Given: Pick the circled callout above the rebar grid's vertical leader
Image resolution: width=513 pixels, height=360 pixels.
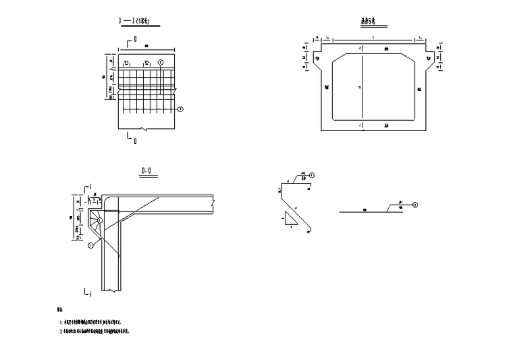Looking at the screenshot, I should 160,62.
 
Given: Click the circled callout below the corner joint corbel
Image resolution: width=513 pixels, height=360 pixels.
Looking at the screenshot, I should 90,246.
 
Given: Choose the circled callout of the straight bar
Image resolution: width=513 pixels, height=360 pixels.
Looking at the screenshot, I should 415,204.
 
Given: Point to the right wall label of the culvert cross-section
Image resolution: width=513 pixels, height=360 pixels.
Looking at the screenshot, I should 419,88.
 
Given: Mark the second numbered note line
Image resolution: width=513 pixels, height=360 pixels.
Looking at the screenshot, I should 95,332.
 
